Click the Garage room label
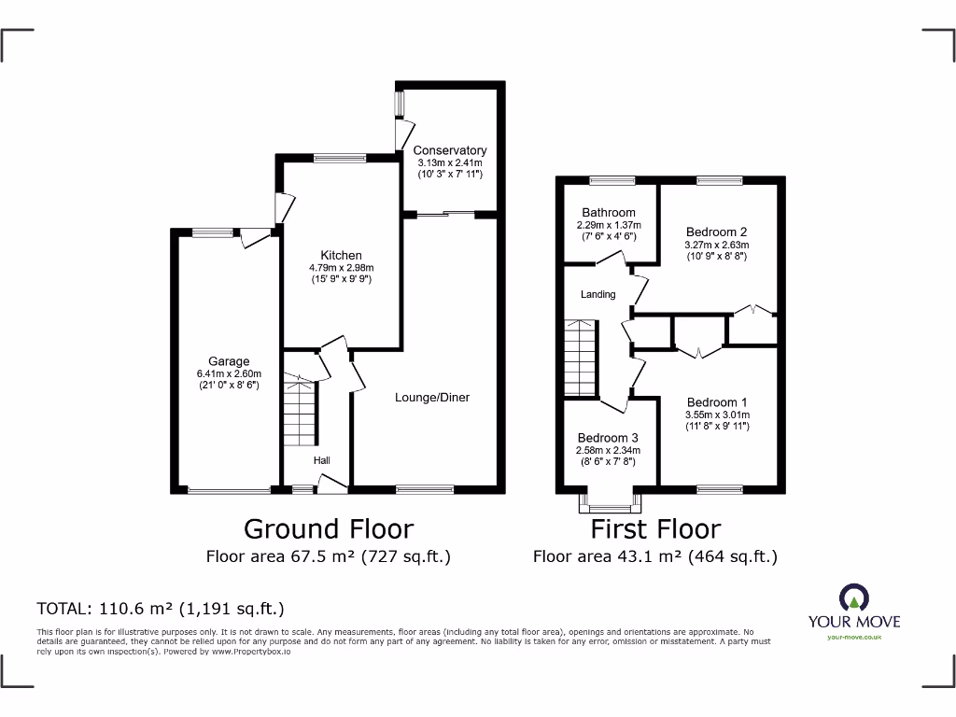[x=229, y=361]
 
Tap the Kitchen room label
[x=341, y=255]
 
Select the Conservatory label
[x=450, y=150]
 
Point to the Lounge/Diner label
[x=431, y=397]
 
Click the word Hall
[x=321, y=460]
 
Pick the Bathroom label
[x=609, y=213]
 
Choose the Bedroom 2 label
[x=716, y=232]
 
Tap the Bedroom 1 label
[x=717, y=402]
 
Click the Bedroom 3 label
[x=608, y=438]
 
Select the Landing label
[x=598, y=294]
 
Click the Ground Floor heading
[x=329, y=529]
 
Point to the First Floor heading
[x=655, y=529]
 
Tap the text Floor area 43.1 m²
[x=654, y=557]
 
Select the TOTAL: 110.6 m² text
[x=160, y=609]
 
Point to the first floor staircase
[x=580, y=358]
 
